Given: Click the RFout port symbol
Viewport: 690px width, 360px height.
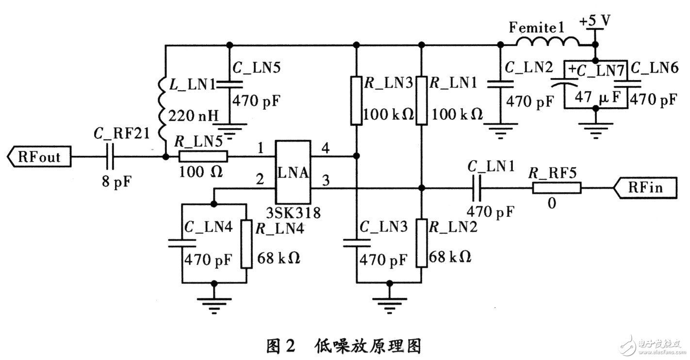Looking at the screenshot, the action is click(39, 157).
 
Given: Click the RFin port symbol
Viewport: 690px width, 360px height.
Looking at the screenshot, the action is click(645, 188).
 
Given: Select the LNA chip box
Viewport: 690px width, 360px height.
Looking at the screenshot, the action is click(293, 172).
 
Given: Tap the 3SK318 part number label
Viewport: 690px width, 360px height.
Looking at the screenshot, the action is click(293, 213).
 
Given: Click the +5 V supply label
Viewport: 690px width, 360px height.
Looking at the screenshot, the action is click(595, 21).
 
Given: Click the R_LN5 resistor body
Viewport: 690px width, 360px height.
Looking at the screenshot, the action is click(203, 156).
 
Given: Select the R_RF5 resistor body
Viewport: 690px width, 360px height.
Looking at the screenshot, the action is click(557, 188).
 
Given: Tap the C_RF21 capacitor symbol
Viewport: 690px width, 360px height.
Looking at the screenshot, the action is click(110, 157).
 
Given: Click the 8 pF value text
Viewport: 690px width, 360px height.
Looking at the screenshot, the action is click(117, 181).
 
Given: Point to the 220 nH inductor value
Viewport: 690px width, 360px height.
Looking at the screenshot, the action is click(193, 116).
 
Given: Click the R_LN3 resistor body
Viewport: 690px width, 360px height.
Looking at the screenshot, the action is click(356, 101).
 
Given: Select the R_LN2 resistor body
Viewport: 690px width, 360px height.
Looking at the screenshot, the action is click(422, 243).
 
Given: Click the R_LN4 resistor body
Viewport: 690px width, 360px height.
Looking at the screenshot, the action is click(246, 244).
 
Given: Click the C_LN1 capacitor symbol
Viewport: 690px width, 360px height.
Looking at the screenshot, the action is click(476, 188).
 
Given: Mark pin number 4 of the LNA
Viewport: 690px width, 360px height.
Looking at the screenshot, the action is click(326, 148).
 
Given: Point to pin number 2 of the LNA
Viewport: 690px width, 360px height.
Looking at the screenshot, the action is click(260, 179).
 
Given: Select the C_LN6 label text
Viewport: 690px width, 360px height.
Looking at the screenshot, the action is click(654, 68).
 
